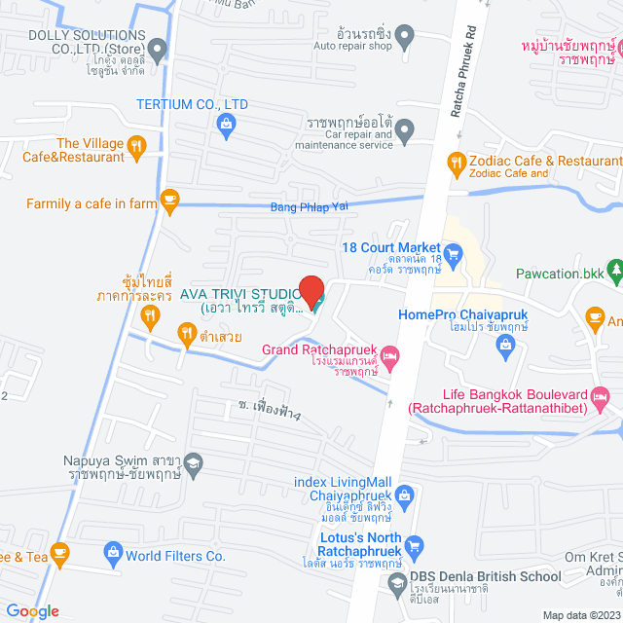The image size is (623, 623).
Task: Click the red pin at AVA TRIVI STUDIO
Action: [x=311, y=291]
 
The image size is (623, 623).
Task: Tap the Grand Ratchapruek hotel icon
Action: [x=390, y=358]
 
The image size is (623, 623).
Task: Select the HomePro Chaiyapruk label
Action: [x=456, y=314]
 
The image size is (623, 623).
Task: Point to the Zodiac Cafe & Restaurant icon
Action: [x=455, y=162]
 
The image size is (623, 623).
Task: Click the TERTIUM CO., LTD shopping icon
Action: [x=226, y=124]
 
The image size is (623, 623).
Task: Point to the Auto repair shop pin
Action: [x=408, y=37]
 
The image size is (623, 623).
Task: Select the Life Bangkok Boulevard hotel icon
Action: [x=601, y=396]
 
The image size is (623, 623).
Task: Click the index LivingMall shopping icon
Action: [x=405, y=497]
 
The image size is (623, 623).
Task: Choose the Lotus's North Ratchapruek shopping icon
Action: [x=416, y=545]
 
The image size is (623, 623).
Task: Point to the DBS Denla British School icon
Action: [x=396, y=586]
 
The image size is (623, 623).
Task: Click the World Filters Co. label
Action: [x=175, y=557]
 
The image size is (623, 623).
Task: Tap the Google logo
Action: [x=32, y=610]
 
